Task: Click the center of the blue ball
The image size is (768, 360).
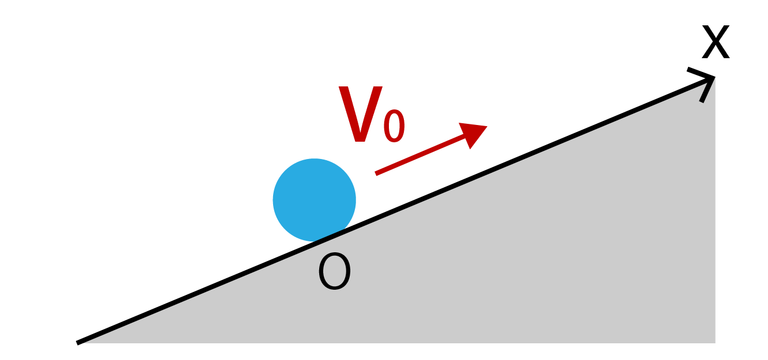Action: [x=315, y=200]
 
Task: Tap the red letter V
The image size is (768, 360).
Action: [x=360, y=114]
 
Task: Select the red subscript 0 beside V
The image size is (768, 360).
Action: [x=394, y=126]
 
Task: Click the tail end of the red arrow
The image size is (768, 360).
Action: [x=376, y=174]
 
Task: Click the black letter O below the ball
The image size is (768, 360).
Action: [x=335, y=271]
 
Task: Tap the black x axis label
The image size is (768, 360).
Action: [x=716, y=42]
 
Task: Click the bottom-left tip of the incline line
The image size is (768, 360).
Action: [x=77, y=343]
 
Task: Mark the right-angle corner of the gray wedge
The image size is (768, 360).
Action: [x=715, y=343]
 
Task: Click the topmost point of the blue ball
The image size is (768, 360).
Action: [x=315, y=159]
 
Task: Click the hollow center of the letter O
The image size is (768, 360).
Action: [x=335, y=271]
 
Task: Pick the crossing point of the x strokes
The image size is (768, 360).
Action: [x=716, y=41]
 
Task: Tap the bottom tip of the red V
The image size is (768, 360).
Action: [x=360, y=141]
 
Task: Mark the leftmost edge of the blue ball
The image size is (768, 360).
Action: [x=273, y=200]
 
